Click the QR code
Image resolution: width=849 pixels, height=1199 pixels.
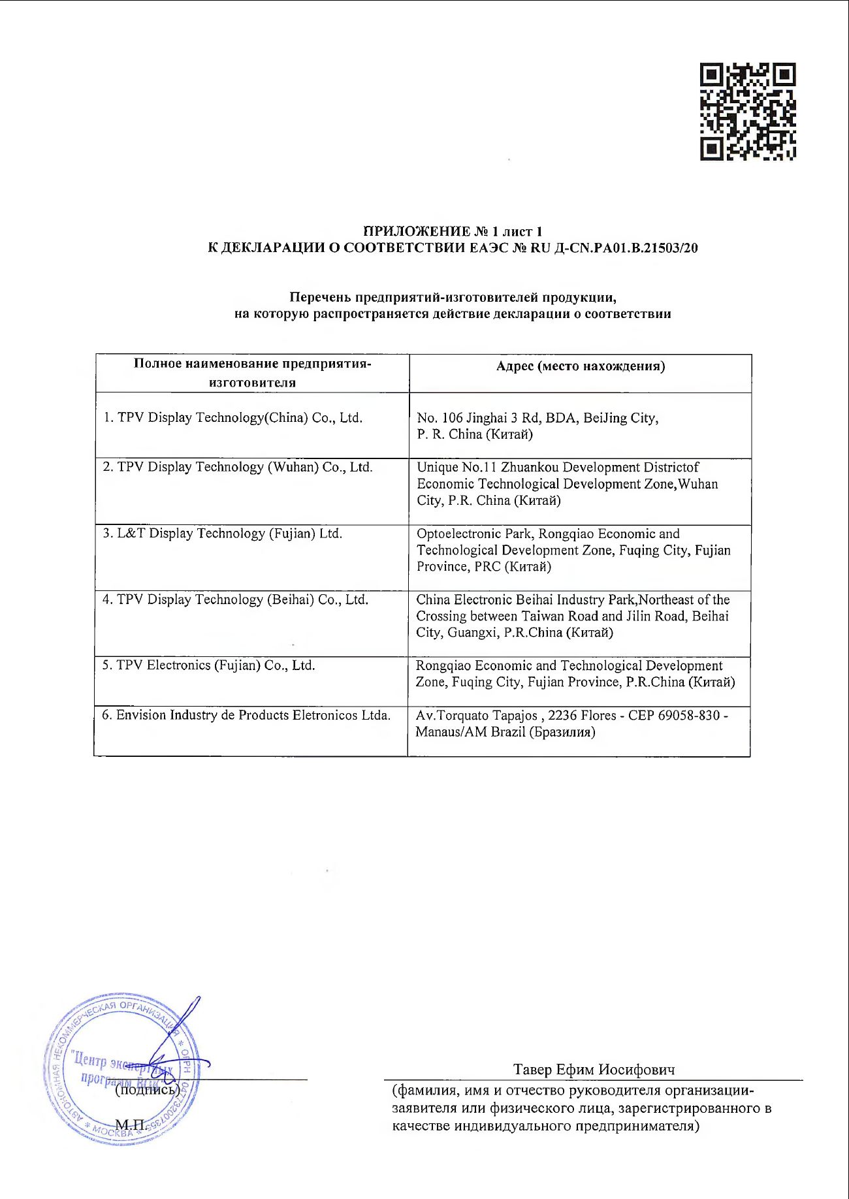(x=748, y=112)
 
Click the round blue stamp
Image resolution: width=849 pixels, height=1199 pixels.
(x=122, y=1069)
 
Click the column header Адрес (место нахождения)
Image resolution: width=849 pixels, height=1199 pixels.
(x=580, y=366)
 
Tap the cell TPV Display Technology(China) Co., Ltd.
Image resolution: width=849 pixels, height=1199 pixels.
(x=232, y=418)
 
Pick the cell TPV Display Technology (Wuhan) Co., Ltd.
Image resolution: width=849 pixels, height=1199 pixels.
(x=238, y=468)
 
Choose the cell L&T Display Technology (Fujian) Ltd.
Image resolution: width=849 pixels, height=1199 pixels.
(x=222, y=534)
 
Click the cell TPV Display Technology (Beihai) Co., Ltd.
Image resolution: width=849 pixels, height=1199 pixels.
(x=235, y=599)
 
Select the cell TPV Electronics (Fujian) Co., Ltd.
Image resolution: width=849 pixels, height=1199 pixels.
(x=208, y=665)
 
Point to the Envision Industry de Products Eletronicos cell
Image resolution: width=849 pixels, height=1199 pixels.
(x=246, y=715)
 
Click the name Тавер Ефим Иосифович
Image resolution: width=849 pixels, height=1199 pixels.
(x=594, y=1070)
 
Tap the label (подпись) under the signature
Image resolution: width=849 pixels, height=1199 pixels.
(x=148, y=1089)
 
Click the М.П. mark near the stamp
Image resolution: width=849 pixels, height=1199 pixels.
(x=131, y=1124)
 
